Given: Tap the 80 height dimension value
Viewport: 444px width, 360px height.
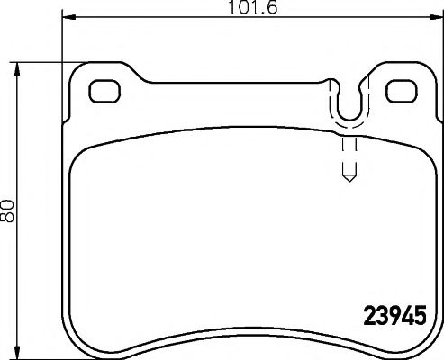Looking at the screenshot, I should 8,211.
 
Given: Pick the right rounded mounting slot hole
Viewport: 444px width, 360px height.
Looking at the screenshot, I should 400,91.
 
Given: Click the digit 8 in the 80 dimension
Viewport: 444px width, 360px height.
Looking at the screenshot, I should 8,218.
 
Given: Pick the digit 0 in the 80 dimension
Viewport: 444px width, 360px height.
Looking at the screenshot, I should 8,205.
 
